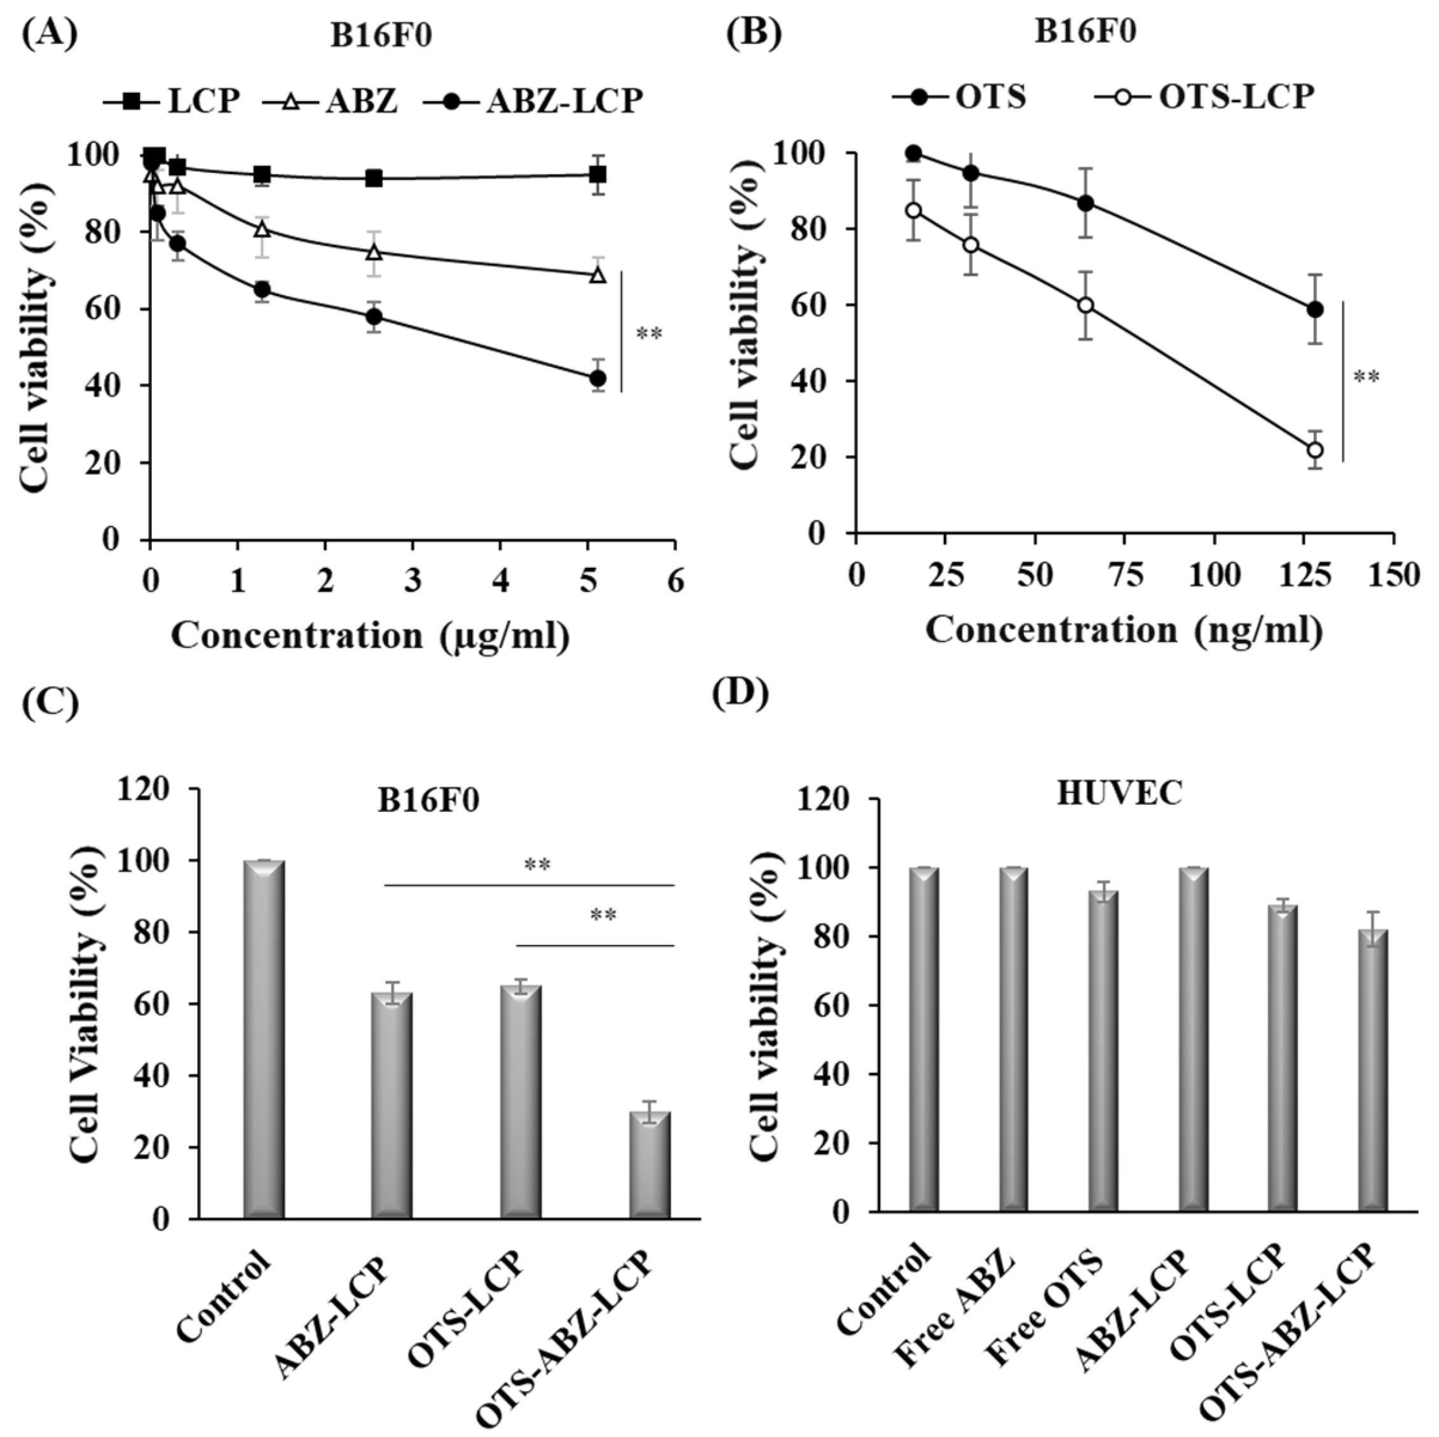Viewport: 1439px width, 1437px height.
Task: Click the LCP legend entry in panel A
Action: pos(172,100)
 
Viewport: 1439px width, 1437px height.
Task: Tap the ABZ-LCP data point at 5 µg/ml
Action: pos(597,378)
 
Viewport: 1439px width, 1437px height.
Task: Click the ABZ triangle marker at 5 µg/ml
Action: pos(597,275)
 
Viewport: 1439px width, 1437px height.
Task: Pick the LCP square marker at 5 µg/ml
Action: pos(597,175)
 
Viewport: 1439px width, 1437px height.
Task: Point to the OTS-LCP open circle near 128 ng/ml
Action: pos(1315,450)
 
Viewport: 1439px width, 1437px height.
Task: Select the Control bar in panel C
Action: pos(264,1038)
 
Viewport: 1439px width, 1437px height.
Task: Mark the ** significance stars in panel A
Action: pos(649,334)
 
